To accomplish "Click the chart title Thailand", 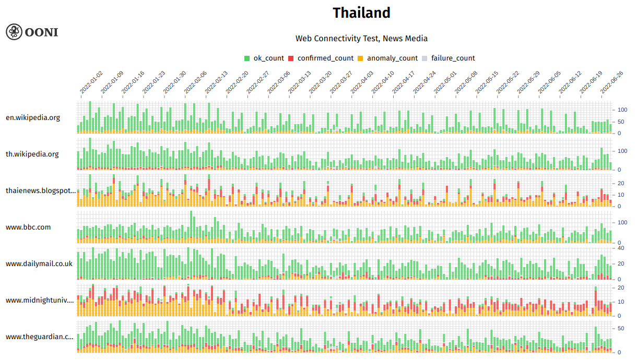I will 361,13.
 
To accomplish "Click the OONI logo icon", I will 14,32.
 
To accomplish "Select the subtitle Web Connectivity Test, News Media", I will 361,38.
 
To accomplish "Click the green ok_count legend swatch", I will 247,58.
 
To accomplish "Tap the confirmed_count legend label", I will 325,58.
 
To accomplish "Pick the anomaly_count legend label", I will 392,58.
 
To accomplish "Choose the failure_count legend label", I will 453,58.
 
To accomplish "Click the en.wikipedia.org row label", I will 33,117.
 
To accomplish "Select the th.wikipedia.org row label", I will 32,154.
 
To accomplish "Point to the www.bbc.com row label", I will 28,227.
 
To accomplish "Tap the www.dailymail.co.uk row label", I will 39,263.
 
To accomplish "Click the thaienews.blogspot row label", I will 41,190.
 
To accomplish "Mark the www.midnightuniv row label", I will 40,300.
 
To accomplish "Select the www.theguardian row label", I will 40,337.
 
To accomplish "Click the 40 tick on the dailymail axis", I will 621,248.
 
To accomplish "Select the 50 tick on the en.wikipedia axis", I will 621,122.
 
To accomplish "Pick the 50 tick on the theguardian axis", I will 621,328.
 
